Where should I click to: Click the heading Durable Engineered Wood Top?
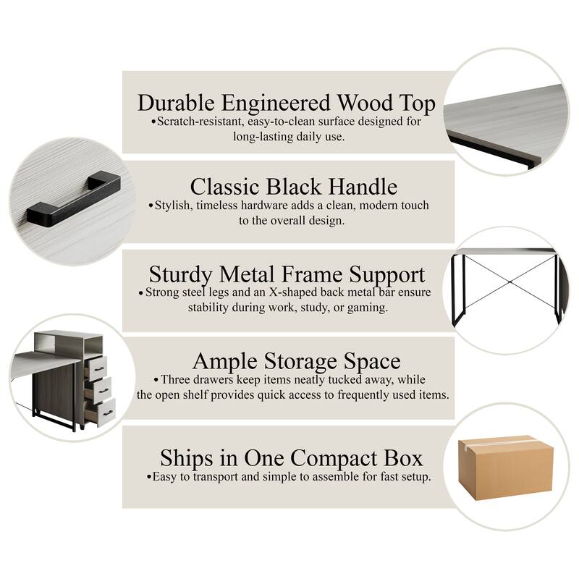[x=287, y=103]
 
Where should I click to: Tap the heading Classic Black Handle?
[x=294, y=187]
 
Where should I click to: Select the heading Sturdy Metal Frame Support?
[x=287, y=274]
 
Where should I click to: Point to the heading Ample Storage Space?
[x=296, y=360]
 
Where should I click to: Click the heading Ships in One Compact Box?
[x=292, y=458]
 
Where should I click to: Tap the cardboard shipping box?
[x=505, y=468]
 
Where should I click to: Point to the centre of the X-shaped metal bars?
[x=510, y=282]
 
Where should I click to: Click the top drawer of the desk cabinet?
[x=96, y=368]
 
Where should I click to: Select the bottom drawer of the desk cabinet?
[x=100, y=412]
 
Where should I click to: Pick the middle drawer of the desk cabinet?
[x=98, y=390]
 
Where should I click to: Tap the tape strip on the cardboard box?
[x=502, y=441]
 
